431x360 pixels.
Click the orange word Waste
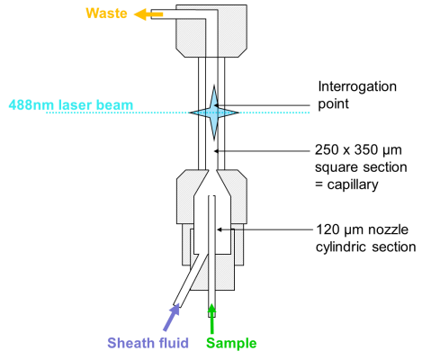[x=106, y=13]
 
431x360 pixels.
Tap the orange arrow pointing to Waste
[x=148, y=14]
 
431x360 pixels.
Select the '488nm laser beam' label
[x=71, y=105]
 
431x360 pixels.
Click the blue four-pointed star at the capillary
[x=214, y=112]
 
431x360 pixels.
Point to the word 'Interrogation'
[x=357, y=86]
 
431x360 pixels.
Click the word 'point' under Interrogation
[x=333, y=104]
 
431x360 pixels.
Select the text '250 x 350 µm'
[x=358, y=149]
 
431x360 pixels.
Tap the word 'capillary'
[x=353, y=184]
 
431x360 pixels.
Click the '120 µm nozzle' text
[x=363, y=229]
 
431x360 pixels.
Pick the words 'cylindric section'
[x=366, y=247]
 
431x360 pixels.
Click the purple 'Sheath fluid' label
[x=148, y=343]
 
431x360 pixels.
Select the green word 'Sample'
[x=231, y=343]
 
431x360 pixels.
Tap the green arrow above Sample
[x=212, y=319]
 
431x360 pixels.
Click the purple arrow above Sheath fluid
[x=171, y=318]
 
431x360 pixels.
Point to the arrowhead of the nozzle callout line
[x=220, y=229]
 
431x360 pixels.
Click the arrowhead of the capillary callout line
[x=217, y=151]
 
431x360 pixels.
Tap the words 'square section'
[x=361, y=167]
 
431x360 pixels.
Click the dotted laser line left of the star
[x=118, y=112]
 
